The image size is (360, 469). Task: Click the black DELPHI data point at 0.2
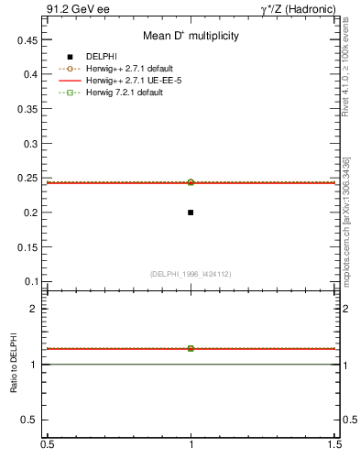click(191, 213)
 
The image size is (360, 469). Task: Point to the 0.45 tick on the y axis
click(26, 40)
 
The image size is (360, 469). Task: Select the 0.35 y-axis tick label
click(26, 109)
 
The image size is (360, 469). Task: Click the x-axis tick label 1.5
click(335, 444)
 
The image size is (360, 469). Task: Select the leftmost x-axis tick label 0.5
click(47, 444)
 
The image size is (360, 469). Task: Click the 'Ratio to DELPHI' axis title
click(15, 365)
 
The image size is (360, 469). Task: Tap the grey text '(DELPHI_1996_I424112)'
click(191, 273)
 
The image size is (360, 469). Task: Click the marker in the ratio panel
click(191, 348)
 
